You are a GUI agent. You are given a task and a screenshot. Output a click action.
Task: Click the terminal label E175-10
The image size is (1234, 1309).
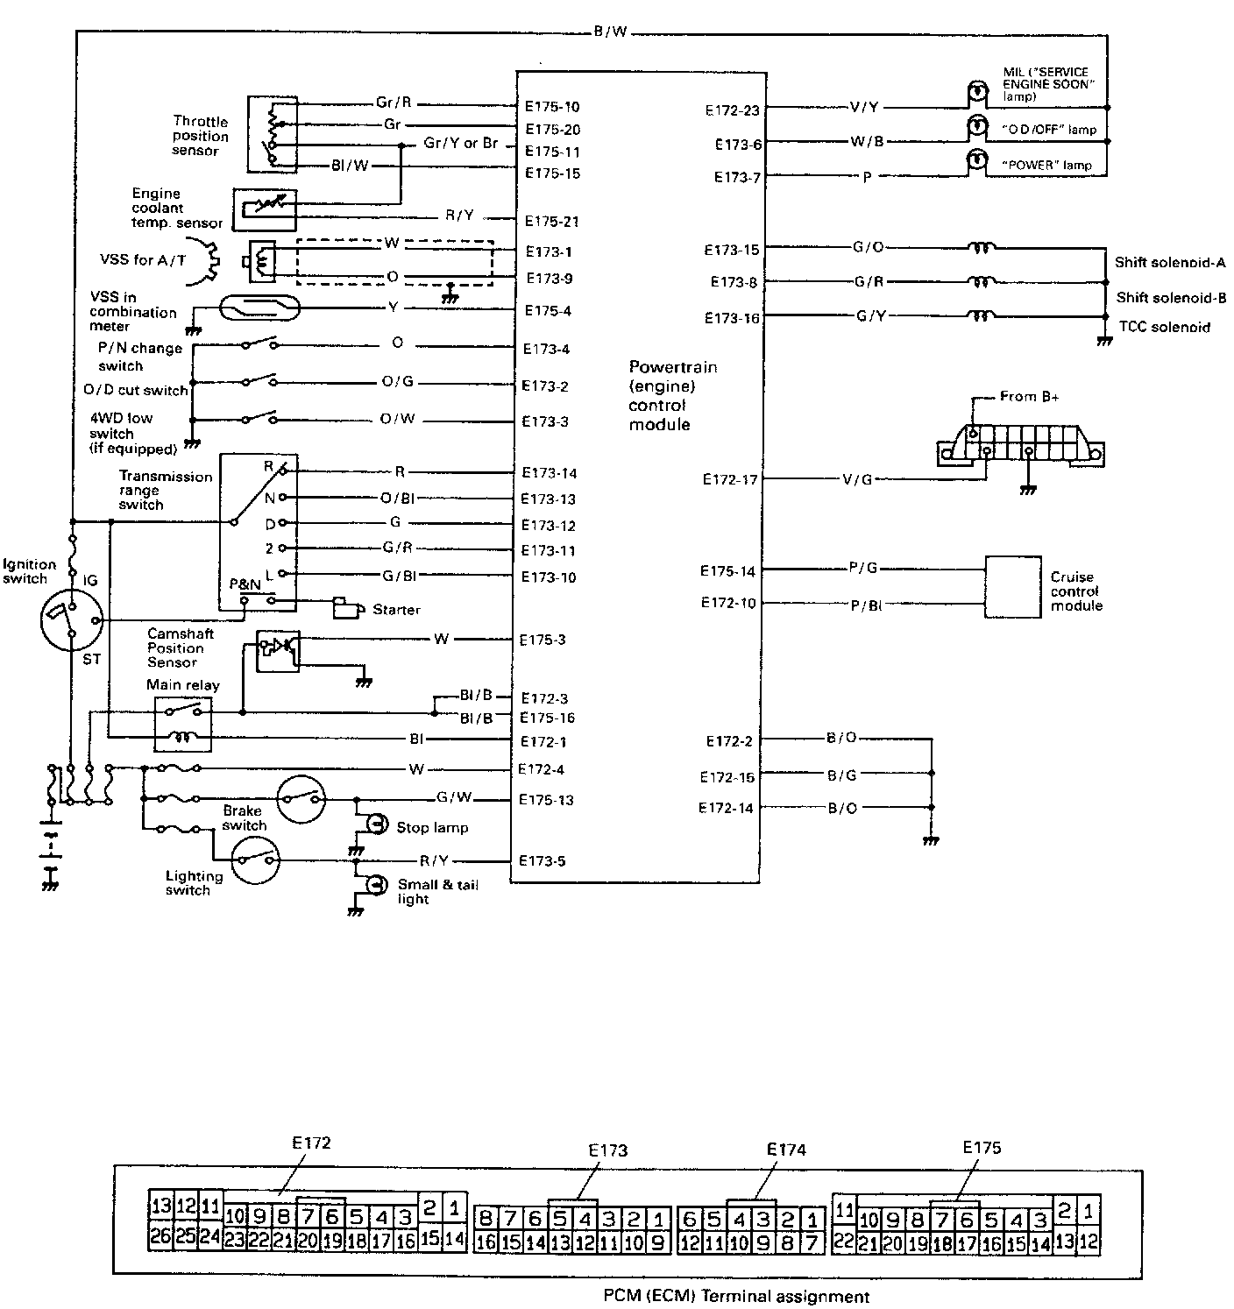coord(552,107)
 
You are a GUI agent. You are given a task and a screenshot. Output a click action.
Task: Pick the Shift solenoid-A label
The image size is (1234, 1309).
coord(1170,262)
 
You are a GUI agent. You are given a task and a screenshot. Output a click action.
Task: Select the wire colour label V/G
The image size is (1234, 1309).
coord(856,479)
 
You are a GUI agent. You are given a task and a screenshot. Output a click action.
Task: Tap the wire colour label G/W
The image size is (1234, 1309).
coord(454,797)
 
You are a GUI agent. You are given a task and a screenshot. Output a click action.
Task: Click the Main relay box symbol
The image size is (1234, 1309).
coord(182,724)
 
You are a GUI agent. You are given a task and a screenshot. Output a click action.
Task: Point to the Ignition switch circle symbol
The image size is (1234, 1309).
coord(72,619)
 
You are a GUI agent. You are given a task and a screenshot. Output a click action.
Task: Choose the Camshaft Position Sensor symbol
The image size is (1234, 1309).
coord(278,651)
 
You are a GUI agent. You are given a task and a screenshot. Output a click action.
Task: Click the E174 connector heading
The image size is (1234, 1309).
coord(785,1150)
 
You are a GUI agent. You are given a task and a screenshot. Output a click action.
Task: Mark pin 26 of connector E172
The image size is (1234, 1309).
coord(160,1237)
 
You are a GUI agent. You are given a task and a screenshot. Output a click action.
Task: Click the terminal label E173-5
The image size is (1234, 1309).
coord(542,860)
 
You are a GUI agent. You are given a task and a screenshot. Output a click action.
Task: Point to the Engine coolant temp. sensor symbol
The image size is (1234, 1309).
coord(264,209)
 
